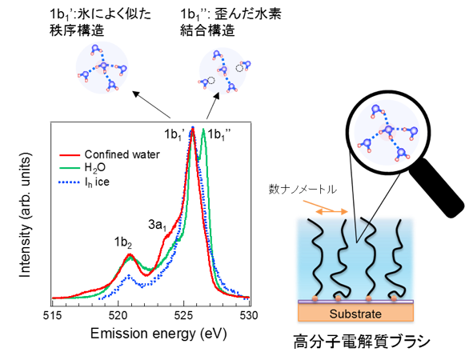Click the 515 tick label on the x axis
pyautogui.click(x=53, y=315)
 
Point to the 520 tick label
pyautogui.click(x=118, y=315)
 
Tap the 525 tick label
pyautogui.click(x=184, y=315)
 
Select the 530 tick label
pyautogui.click(x=249, y=315)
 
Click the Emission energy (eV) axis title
pyautogui.click(x=158, y=334)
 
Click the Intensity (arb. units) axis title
pyautogui.click(x=25, y=215)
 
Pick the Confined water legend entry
pyautogui.click(x=110, y=154)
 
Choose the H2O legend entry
pyautogui.click(x=82, y=168)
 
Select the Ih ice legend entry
pyautogui.click(x=84, y=182)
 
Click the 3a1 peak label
pyautogui.click(x=158, y=226)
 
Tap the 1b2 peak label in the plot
pyautogui.click(x=123, y=243)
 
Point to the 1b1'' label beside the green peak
pyautogui.click(x=219, y=135)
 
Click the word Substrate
pyautogui.click(x=355, y=314)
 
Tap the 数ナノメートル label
pyautogui.click(x=303, y=189)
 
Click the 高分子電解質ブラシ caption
pyautogui.click(x=362, y=342)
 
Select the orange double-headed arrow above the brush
pyautogui.click(x=331, y=211)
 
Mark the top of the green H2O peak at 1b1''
pyautogui.click(x=203, y=129)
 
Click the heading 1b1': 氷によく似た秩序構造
pyautogui.click(x=100, y=22)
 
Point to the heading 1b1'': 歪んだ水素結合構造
pyautogui.click(x=230, y=22)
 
